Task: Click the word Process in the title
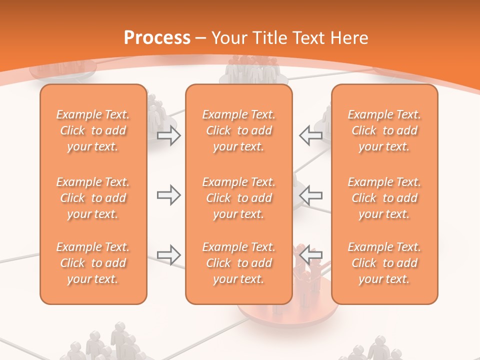pyautogui.click(x=157, y=38)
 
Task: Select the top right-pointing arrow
pyautogui.click(x=168, y=135)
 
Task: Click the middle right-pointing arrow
pyautogui.click(x=168, y=195)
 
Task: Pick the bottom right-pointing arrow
pyautogui.click(x=168, y=255)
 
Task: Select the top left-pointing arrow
pyautogui.click(x=310, y=135)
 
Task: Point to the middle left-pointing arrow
pyautogui.click(x=310, y=195)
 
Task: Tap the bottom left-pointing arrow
pyautogui.click(x=310, y=254)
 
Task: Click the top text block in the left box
pyautogui.click(x=93, y=130)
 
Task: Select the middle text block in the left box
pyautogui.click(x=93, y=198)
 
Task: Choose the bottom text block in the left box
pyautogui.click(x=93, y=263)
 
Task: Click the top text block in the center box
pyautogui.click(x=239, y=130)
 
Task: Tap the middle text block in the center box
pyautogui.click(x=239, y=198)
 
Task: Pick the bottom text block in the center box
pyautogui.click(x=239, y=263)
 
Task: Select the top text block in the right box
pyautogui.click(x=384, y=130)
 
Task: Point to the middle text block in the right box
pyautogui.click(x=384, y=198)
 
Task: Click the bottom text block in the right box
pyautogui.click(x=384, y=263)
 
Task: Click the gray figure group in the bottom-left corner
pyautogui.click(x=105, y=345)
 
